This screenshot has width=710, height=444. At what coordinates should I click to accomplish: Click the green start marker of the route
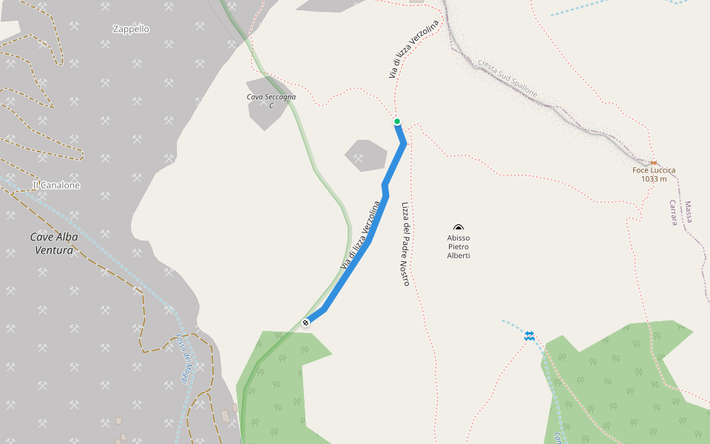[397, 121]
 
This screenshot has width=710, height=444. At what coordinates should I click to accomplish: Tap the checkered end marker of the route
[306, 322]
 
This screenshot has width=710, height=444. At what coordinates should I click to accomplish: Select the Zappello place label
[131, 30]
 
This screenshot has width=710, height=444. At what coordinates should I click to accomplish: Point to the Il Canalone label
[56, 185]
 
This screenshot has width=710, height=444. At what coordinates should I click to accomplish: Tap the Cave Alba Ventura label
[54, 243]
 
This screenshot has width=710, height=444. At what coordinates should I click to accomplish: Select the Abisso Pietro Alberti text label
[459, 246]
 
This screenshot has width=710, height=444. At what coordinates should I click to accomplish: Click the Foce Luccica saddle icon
[653, 163]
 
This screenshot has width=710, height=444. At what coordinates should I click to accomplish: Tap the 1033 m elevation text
[654, 179]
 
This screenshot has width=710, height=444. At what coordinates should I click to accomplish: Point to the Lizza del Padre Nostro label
[405, 243]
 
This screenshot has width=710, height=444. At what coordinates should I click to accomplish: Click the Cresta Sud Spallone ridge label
[507, 78]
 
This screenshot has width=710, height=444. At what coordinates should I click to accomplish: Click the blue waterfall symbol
[530, 336]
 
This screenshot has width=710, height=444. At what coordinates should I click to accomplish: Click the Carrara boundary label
[674, 212]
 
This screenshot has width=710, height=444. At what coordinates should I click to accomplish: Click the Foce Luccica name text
[654, 170]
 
